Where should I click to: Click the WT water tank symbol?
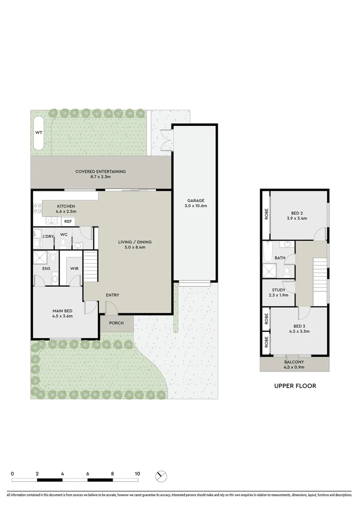point(39,133)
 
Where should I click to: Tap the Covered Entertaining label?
point(100,172)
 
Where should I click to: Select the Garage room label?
point(195,201)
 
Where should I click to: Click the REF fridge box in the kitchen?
point(68,222)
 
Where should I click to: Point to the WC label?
point(64,234)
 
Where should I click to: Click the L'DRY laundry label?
point(48,236)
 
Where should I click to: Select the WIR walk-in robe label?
point(74,269)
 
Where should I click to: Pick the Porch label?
point(116,323)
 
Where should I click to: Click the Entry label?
point(113,295)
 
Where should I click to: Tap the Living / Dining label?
point(135,242)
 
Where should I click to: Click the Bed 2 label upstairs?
point(296,212)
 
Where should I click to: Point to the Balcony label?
point(294,362)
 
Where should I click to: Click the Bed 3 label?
point(299,326)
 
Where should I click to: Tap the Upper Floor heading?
point(295,386)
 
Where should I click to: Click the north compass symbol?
point(161,476)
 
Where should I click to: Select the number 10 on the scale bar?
point(137,474)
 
